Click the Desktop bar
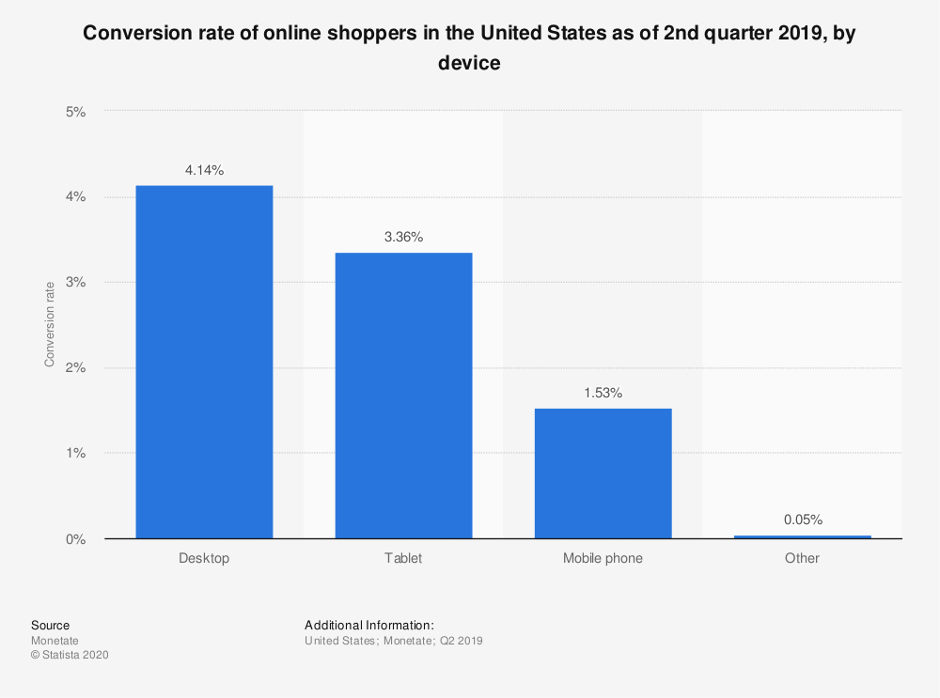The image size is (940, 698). [204, 362]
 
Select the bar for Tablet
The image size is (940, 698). [403, 396]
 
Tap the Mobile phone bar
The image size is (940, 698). [603, 473]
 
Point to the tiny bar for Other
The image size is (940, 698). [802, 536]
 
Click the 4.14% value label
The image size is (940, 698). [204, 170]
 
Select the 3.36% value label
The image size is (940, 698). [403, 238]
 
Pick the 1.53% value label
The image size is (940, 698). [603, 394]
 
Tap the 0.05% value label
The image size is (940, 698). [802, 520]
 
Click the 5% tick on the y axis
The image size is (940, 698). [75, 112]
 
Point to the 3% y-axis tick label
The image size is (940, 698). [75, 283]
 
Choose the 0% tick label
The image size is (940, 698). [75, 539]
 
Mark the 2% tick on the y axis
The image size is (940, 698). [75, 368]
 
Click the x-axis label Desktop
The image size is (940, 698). [204, 558]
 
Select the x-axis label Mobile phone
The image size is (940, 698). [603, 558]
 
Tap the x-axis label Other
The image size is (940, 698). [802, 558]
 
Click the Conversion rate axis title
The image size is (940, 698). [50, 324]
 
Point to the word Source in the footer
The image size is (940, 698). [50, 625]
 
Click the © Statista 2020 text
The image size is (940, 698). [70, 656]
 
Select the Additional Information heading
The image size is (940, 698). [368, 625]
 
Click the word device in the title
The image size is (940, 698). [469, 64]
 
